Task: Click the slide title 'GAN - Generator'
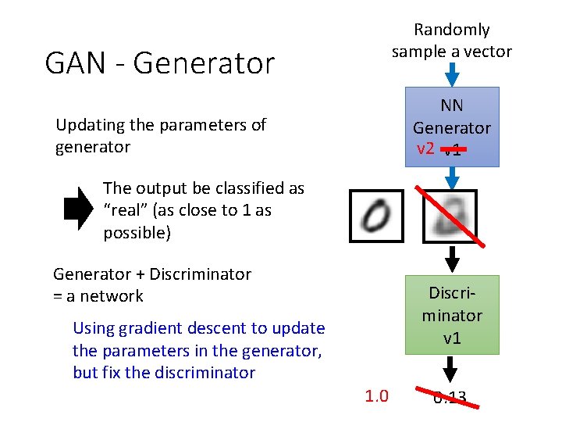(x=160, y=63)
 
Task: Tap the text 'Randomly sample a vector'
(x=451, y=41)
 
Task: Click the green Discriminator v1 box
(x=451, y=315)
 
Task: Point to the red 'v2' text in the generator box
(x=425, y=148)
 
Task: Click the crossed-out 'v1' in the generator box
(x=452, y=150)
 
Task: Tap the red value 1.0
(x=376, y=397)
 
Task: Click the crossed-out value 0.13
(x=450, y=399)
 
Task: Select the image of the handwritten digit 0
(x=376, y=216)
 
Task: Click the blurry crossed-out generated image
(x=449, y=216)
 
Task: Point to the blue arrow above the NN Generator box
(x=451, y=75)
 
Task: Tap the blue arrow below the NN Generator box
(x=451, y=179)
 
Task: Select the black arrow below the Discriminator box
(x=451, y=369)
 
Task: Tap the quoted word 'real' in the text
(x=130, y=211)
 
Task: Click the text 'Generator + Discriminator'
(x=152, y=274)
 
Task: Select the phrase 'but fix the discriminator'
(x=164, y=373)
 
